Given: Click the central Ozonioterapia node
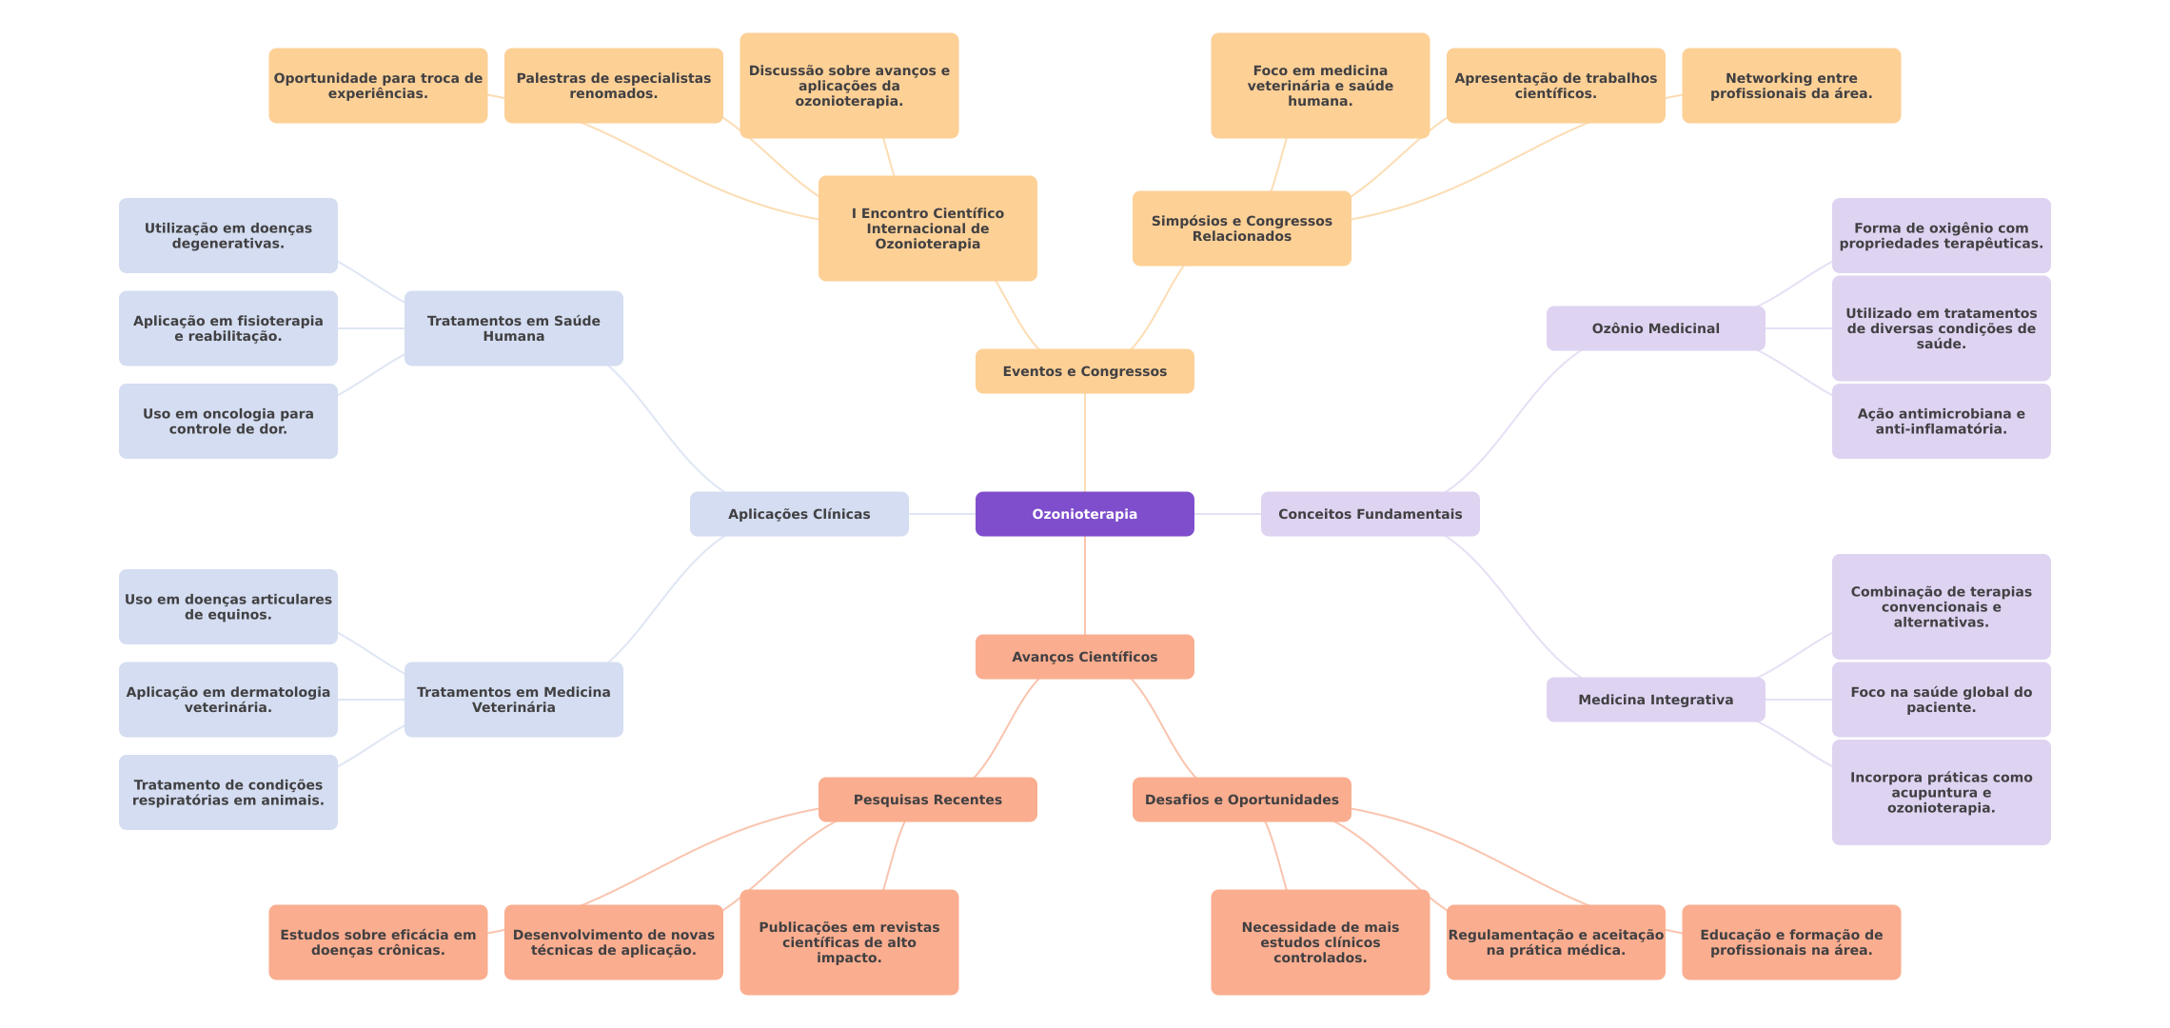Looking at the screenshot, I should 1084,514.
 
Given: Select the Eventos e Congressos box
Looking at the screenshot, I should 1084,371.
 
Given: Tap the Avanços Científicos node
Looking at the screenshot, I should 1084,657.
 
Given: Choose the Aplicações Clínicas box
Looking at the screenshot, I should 799,514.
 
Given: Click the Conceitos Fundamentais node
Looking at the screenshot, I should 1370,514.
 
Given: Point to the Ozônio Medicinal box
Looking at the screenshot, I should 1655,328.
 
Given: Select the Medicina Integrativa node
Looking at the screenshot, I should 1655,700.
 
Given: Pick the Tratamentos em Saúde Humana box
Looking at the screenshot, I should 513,328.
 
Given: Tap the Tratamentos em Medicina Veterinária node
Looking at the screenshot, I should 513,700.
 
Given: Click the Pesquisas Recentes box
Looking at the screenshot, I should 927,800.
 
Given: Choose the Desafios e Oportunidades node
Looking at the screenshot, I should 1241,800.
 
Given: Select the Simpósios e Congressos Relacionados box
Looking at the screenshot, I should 1241,228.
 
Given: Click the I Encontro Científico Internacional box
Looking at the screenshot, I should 927,228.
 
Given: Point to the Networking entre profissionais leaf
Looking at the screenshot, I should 1790,86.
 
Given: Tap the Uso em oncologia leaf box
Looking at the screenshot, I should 227,421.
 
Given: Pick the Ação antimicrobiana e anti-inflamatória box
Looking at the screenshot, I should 1941,421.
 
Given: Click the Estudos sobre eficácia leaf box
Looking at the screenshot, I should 378,942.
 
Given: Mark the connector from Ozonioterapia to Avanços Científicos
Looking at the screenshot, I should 1085,585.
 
